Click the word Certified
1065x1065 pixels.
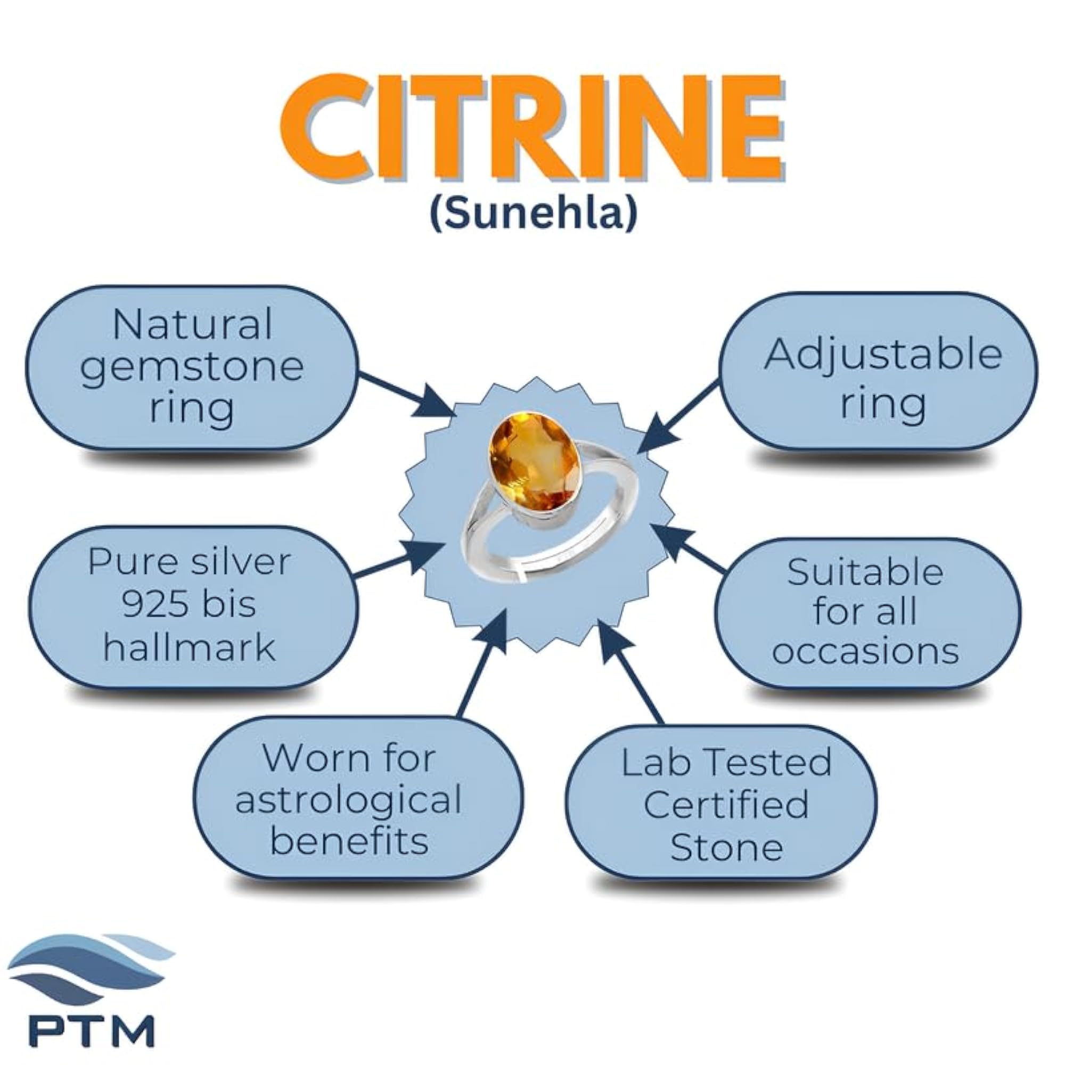[x=725, y=804]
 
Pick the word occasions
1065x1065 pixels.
[x=865, y=651]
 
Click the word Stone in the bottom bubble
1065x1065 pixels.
[x=726, y=847]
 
